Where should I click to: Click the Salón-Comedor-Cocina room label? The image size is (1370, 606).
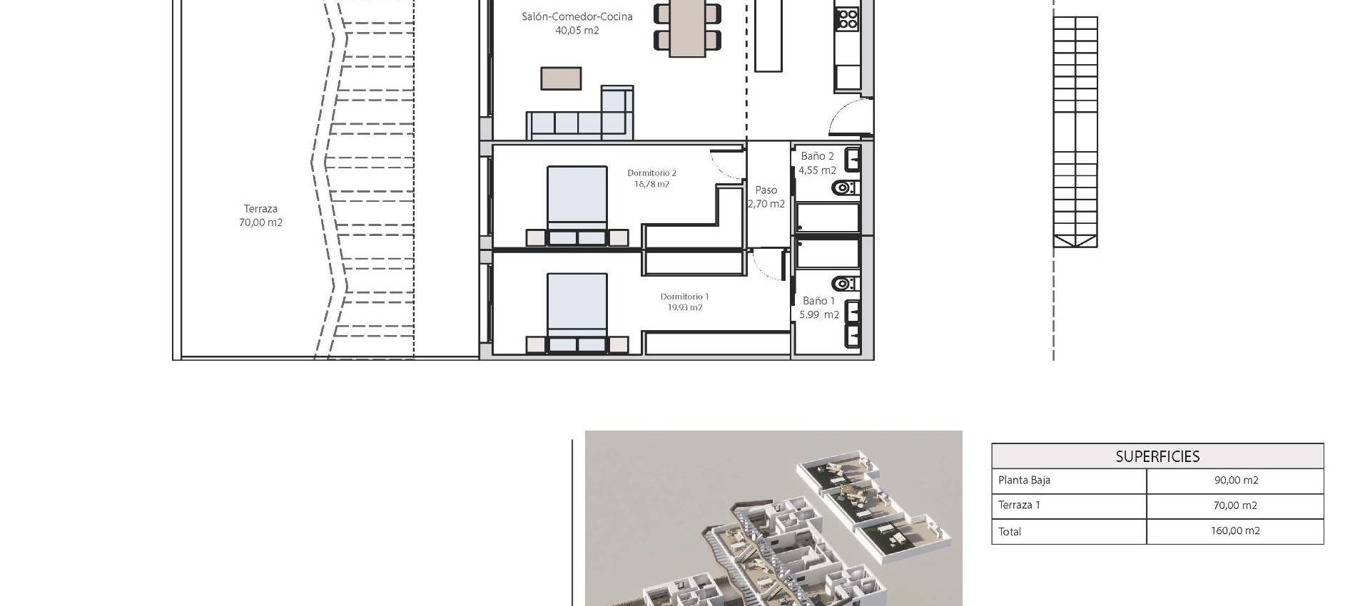click(x=577, y=16)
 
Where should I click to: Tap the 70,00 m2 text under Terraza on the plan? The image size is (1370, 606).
click(x=260, y=222)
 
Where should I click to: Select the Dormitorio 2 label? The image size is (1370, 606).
click(x=651, y=173)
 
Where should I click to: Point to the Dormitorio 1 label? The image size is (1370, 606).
click(x=684, y=297)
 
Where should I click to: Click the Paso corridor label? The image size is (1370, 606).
click(x=766, y=190)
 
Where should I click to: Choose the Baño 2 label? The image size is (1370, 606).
click(x=817, y=156)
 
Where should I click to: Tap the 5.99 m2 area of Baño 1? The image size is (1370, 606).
click(x=818, y=314)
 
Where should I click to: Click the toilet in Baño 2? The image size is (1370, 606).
click(x=844, y=188)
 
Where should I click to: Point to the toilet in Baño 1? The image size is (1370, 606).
click(x=844, y=284)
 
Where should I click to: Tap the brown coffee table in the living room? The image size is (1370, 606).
click(x=561, y=78)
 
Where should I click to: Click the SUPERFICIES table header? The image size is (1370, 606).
click(x=1157, y=456)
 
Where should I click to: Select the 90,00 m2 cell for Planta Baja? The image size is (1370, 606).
click(x=1235, y=481)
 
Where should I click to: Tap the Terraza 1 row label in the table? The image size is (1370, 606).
click(x=1019, y=505)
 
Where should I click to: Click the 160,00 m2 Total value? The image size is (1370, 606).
click(x=1235, y=531)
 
